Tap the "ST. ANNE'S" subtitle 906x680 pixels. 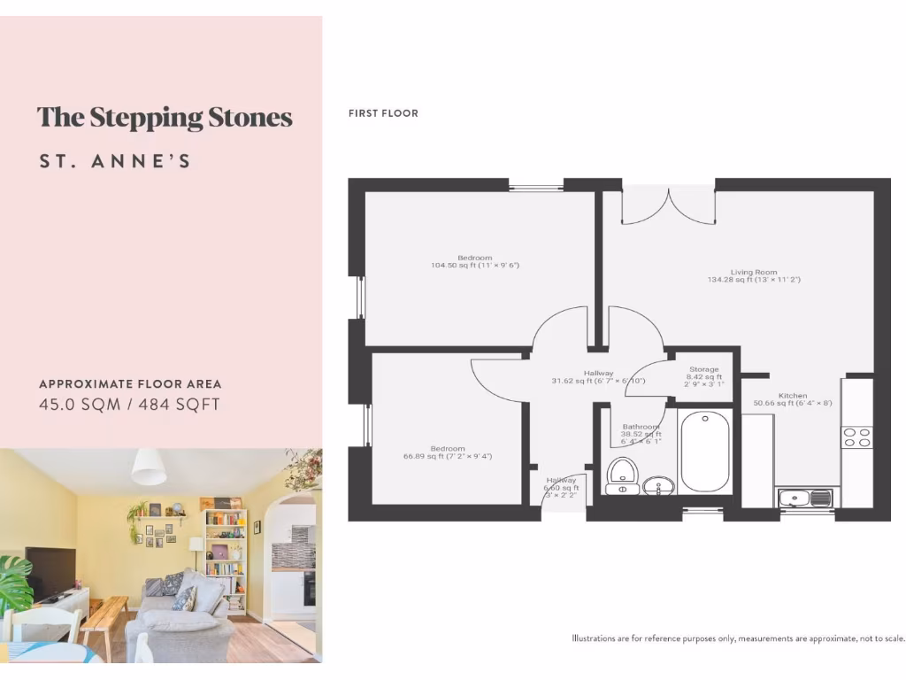coord(115,162)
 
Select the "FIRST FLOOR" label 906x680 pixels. coord(383,113)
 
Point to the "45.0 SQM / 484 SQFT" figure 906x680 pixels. coord(129,405)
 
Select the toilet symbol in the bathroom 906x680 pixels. coord(622,474)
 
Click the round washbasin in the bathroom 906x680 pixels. coord(656,484)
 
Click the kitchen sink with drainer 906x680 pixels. coord(805,498)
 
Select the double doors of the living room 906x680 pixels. coord(668,205)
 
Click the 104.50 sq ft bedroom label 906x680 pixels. coord(474,261)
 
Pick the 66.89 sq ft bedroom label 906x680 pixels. coord(447,452)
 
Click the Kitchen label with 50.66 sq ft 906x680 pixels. coord(792,399)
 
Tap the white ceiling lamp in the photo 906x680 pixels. coord(149,467)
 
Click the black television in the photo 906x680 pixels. coord(50,571)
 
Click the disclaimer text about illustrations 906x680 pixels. coord(738,637)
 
